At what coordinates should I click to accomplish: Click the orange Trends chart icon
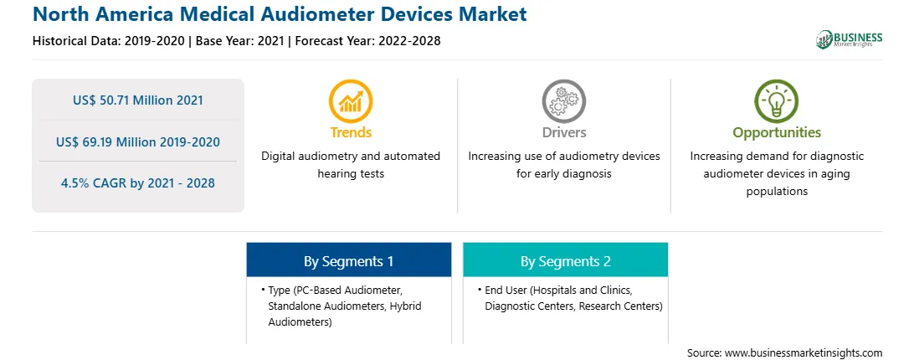coord(351,101)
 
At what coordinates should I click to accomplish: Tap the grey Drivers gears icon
coord(563,101)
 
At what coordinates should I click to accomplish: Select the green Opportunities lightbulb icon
coord(777,101)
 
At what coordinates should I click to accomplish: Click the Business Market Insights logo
coord(850,39)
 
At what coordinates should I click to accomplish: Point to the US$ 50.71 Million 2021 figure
coord(138,100)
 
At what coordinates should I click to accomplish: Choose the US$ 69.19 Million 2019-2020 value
coord(138,141)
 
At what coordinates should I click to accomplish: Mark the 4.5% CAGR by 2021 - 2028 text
coord(138,183)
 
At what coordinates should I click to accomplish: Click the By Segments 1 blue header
coord(348,261)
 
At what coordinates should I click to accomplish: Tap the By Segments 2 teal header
coord(566,261)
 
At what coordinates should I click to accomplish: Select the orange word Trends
coord(351,132)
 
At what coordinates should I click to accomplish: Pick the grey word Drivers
coord(563,132)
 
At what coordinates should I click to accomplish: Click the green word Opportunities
coord(777,132)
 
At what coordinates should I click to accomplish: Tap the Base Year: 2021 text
coord(239,41)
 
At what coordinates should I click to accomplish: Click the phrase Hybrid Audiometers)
coord(345,314)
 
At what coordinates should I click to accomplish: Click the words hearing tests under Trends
coord(351,174)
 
